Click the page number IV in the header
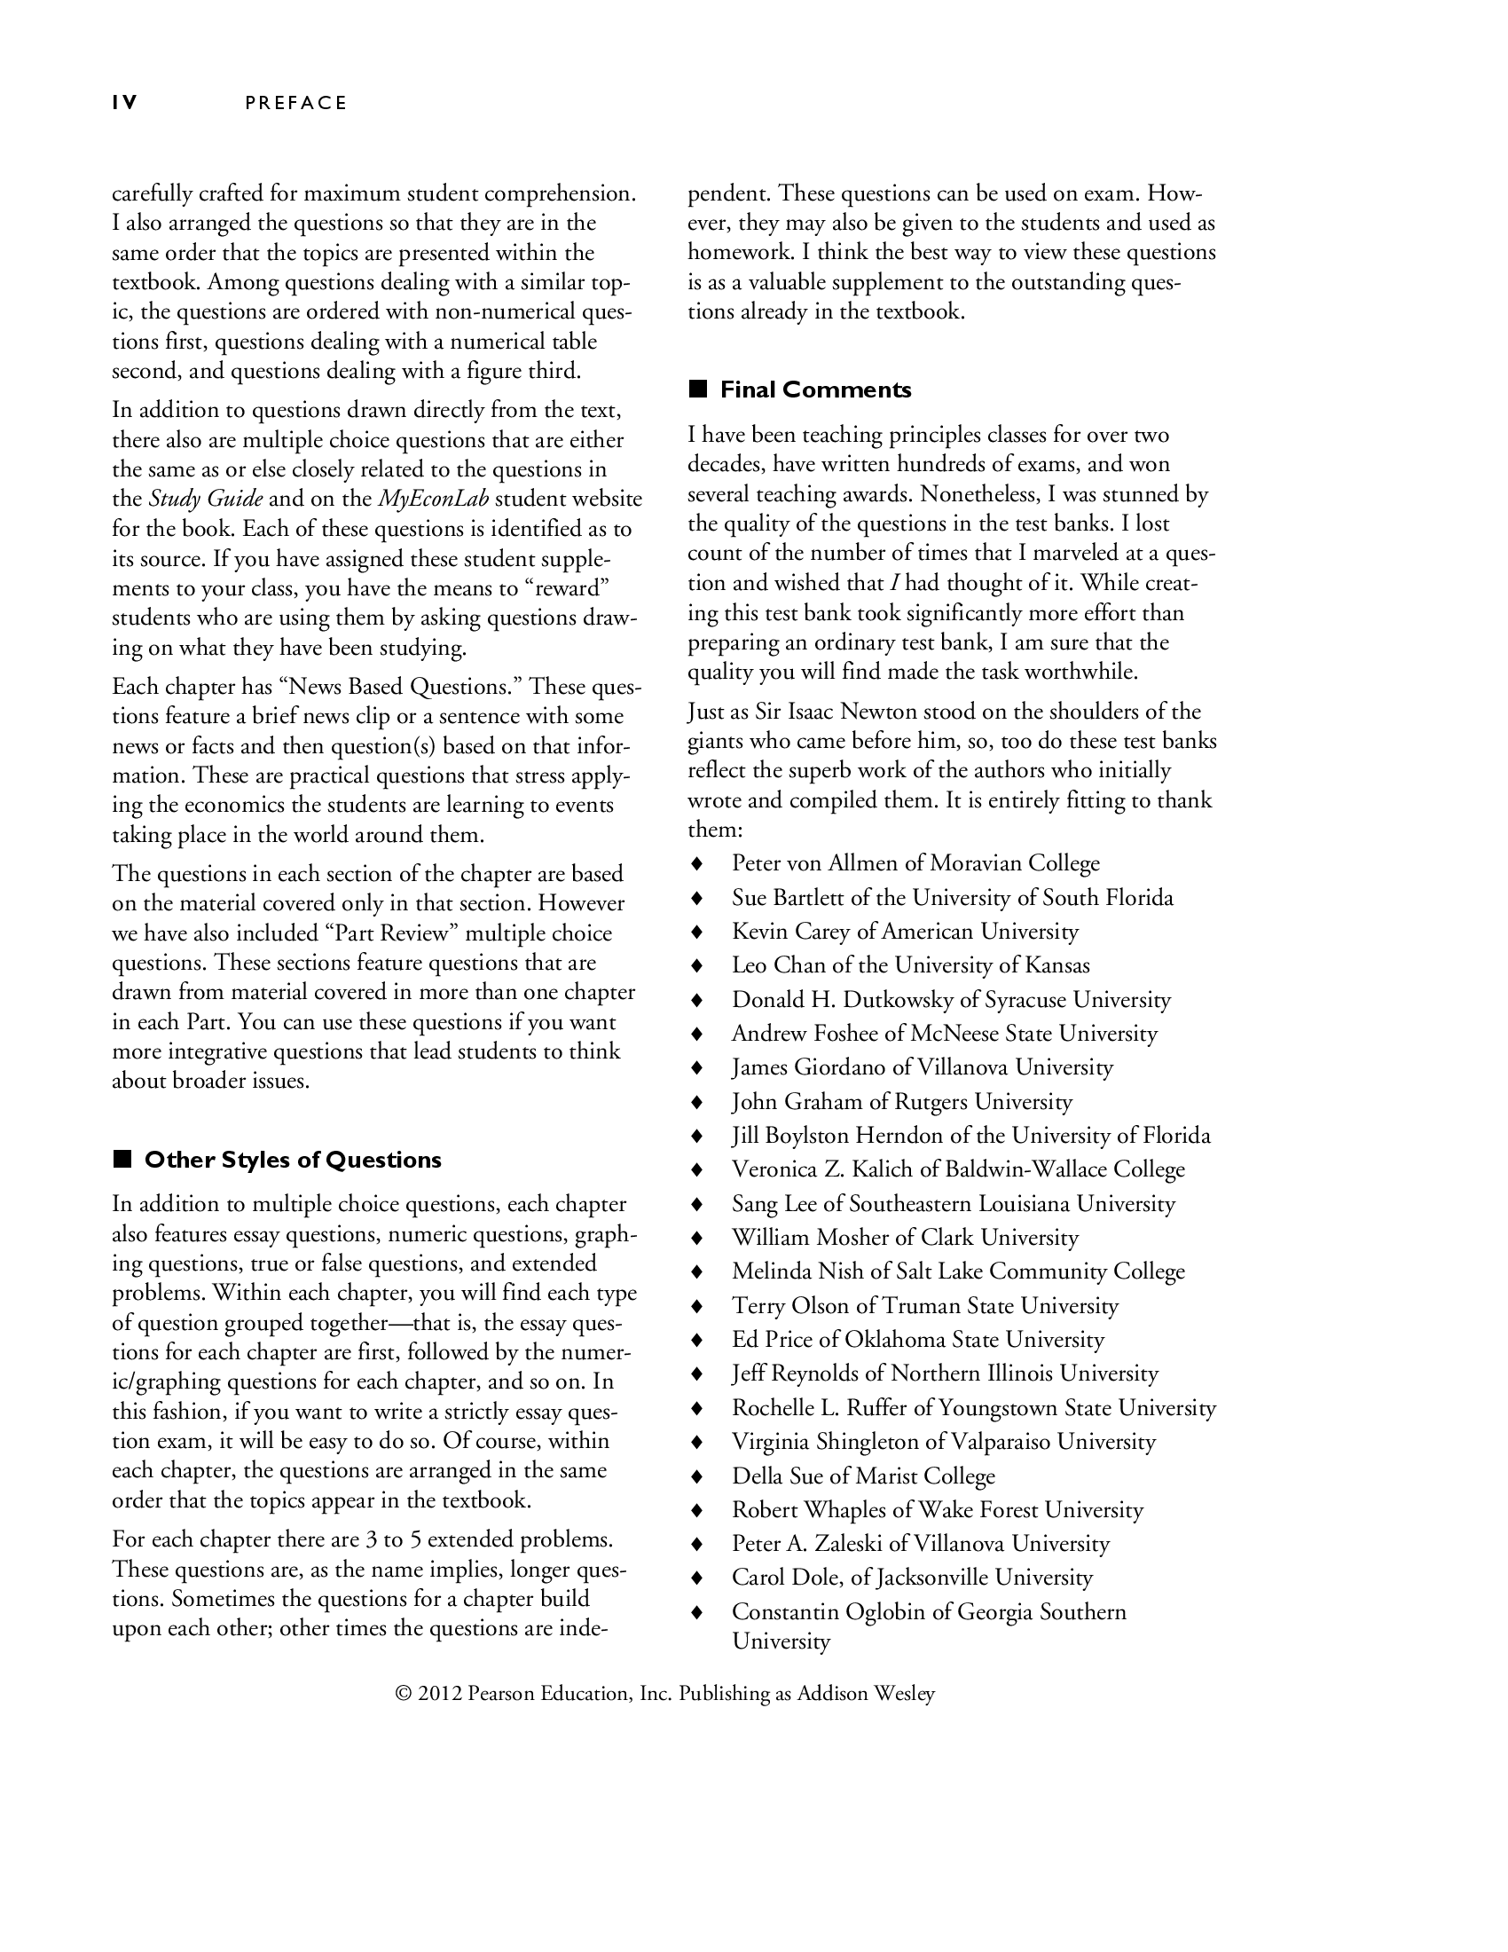tap(124, 103)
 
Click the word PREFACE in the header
tap(295, 103)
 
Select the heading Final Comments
tap(814, 390)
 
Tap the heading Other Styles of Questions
tap(292, 1161)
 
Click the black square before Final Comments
tap(698, 390)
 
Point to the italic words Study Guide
tap(206, 499)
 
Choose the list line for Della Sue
tap(862, 1476)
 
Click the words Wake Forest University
tap(1030, 1510)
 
